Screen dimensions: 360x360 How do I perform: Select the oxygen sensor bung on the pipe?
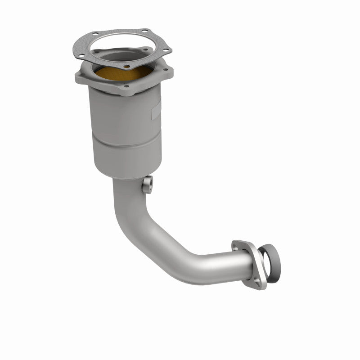click(146, 184)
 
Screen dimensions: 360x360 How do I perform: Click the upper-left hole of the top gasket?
click(94, 33)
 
